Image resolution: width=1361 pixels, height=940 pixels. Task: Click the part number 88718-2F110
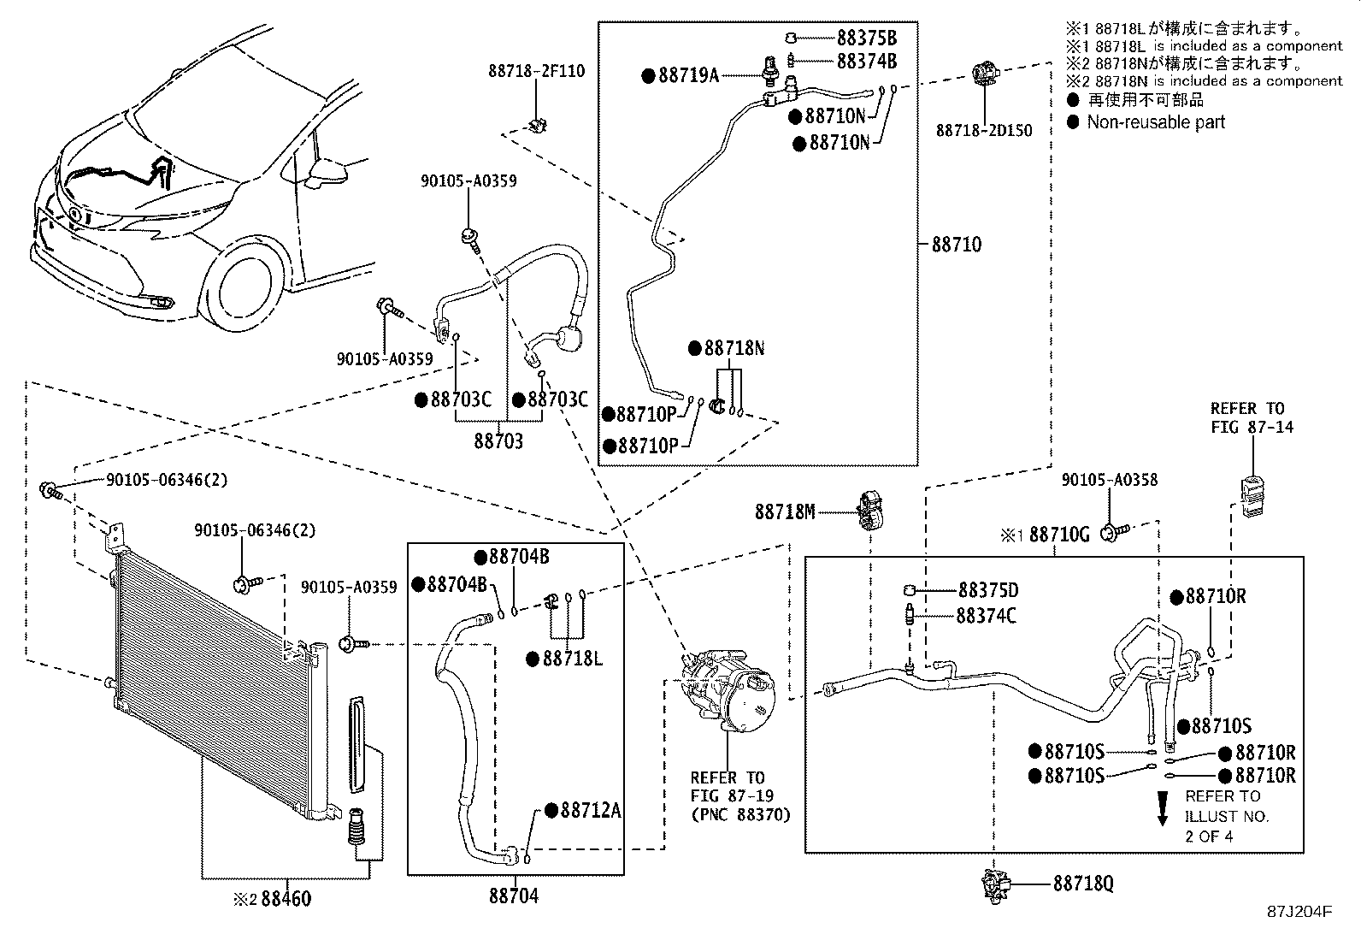click(537, 71)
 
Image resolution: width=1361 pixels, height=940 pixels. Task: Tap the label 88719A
click(687, 75)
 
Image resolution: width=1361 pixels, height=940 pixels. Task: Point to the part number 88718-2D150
click(983, 131)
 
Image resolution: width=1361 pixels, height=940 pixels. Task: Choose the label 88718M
click(784, 511)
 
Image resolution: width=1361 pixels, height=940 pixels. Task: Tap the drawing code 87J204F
click(1299, 912)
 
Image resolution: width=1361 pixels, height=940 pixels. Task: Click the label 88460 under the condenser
click(286, 899)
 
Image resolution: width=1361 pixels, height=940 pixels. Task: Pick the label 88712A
click(589, 811)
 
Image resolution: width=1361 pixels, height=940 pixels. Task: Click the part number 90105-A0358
click(1109, 480)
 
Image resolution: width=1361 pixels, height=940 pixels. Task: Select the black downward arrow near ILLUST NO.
click(1163, 808)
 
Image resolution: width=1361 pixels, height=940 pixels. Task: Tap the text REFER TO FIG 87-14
click(1252, 417)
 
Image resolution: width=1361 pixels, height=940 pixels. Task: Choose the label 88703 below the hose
click(499, 441)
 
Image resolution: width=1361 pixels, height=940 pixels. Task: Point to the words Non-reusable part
click(1155, 122)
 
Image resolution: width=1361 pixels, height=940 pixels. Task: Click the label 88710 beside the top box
click(956, 245)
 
